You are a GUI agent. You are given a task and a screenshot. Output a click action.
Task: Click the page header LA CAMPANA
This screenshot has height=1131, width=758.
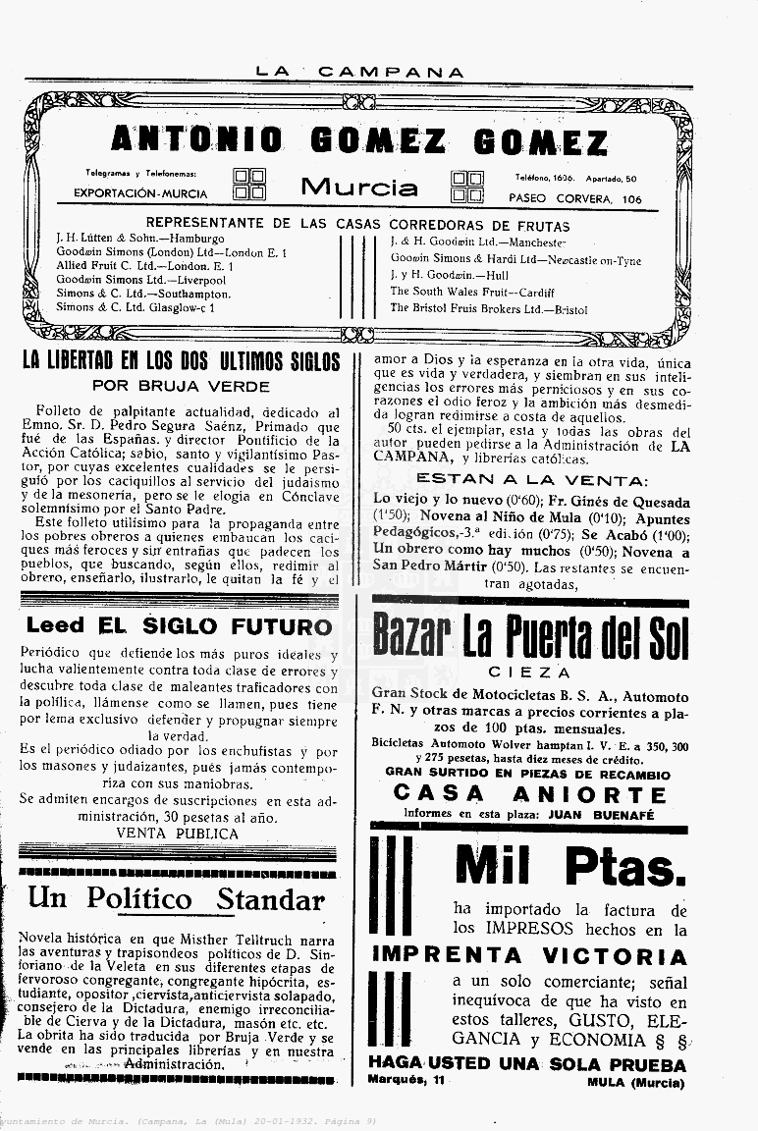pos(359,72)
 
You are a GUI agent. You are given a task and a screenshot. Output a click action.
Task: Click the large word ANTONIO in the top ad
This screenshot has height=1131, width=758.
pos(195,141)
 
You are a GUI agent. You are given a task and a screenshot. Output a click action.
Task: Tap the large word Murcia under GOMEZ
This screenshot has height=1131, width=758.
pos(358,187)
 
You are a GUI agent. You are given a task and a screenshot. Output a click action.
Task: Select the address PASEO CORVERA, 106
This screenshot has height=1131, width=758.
pos(575,198)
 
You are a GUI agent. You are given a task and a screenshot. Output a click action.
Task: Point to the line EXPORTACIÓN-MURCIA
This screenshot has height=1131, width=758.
pos(139,193)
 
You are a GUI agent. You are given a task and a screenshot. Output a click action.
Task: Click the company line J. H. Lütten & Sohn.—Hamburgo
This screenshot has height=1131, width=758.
pos(140,238)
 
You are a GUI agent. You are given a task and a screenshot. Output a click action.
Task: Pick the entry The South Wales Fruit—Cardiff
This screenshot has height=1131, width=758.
pos(471,292)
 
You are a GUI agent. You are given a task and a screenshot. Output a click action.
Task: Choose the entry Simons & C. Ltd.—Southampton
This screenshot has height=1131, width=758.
pos(143,294)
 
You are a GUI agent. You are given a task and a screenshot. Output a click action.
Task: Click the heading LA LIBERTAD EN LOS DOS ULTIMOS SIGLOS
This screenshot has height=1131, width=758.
pos(181,361)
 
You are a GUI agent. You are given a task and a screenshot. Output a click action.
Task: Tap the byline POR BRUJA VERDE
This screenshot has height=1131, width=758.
pos(181,386)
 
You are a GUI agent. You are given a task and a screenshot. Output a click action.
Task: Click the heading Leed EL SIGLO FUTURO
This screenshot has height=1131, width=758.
pos(180,625)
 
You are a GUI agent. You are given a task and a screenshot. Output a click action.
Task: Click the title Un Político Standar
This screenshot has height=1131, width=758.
pos(176,897)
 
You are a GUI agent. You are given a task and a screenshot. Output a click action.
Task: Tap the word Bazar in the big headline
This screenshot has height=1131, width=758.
pos(411,637)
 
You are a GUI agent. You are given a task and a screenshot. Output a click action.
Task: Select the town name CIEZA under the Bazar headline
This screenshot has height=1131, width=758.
pos(529,673)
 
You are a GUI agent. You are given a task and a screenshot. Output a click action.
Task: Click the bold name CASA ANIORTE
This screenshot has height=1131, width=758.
pos(529,794)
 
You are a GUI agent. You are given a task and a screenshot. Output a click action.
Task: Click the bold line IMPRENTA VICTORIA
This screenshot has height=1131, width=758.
pos(529,955)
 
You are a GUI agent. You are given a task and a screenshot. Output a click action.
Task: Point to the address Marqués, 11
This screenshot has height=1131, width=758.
pos(406,1081)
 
